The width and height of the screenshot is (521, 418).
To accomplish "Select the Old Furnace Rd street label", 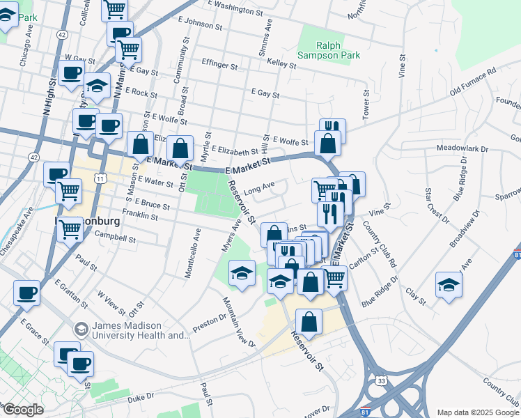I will point(472,82).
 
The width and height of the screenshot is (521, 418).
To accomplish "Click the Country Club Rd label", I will point(384,247).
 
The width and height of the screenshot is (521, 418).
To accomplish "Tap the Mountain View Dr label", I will point(238,322).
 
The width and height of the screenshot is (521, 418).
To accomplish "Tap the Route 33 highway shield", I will point(381,381).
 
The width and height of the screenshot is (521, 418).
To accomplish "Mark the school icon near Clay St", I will point(449,284).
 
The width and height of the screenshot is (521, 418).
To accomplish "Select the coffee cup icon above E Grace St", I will point(26,292).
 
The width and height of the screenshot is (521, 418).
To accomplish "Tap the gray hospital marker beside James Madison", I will point(81,327).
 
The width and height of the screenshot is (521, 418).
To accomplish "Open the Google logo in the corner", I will point(23,410).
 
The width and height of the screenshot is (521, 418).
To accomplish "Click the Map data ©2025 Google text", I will point(477,412).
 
